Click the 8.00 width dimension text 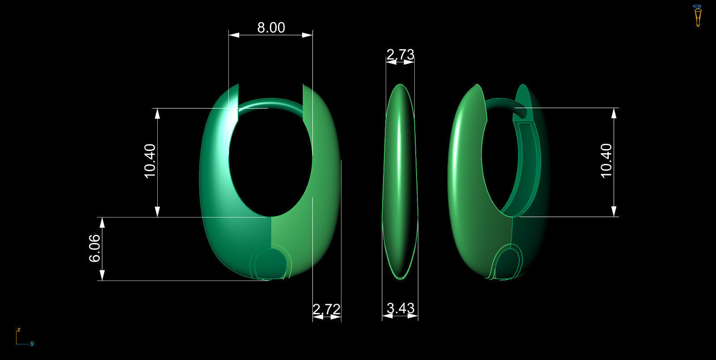[x=271, y=28]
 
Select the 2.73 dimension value [x=400, y=54]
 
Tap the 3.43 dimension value [x=400, y=308]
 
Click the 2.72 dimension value [x=326, y=309]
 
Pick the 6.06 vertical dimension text [x=95, y=248]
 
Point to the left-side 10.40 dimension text [x=150, y=161]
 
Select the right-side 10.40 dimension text [x=606, y=161]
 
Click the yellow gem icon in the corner [x=697, y=16]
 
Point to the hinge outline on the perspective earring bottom [x=509, y=263]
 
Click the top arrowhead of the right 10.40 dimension [x=614, y=113]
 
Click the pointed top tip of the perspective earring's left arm [x=478, y=85]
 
